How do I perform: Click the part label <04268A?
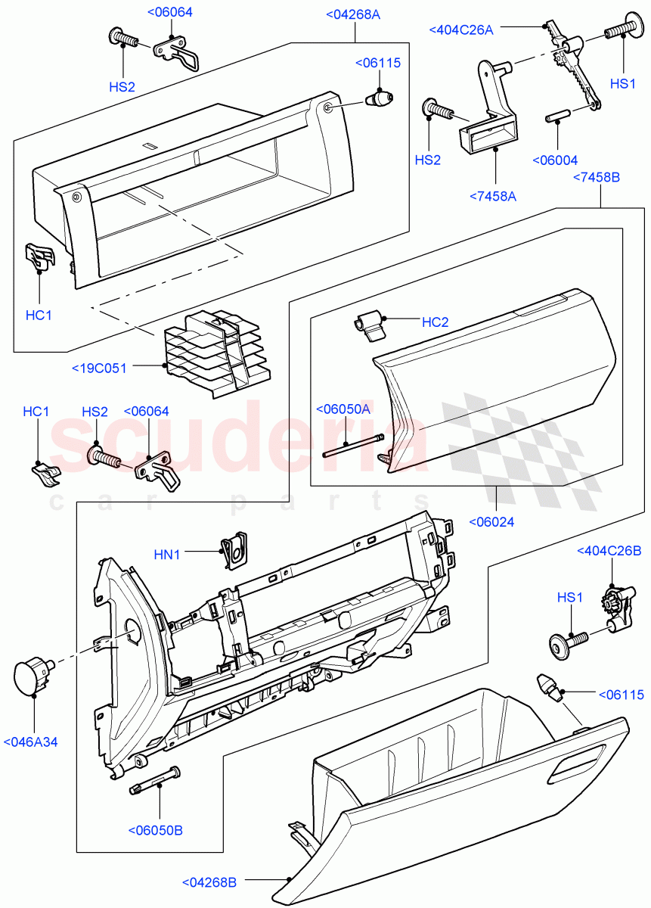pos(353,14)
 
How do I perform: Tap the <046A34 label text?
pos(30,742)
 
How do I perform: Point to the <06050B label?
pos(155,830)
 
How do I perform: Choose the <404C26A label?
pos(460,30)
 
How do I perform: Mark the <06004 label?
pos(554,160)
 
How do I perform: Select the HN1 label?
pos(167,555)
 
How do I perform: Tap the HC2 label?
pos(435,322)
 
